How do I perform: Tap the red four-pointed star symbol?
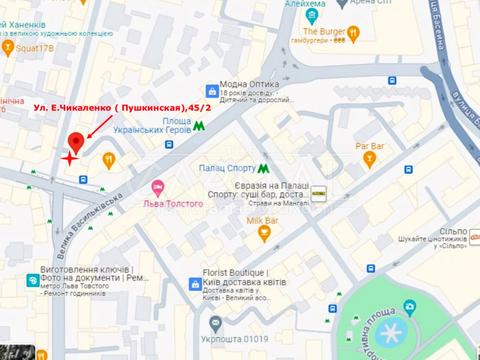pyautogui.click(x=69, y=157)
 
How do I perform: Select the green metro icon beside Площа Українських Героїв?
pyautogui.click(x=201, y=126)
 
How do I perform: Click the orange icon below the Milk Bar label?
pyautogui.click(x=264, y=235)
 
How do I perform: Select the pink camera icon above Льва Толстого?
pyautogui.click(x=157, y=187)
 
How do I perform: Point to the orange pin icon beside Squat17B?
pyautogui.click(x=8, y=45)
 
